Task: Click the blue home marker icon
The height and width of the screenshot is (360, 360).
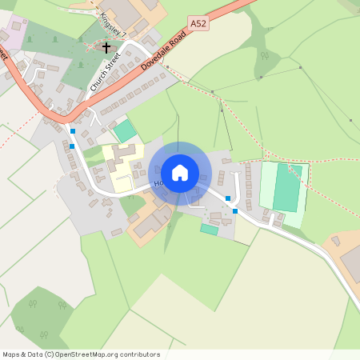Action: click(180, 173)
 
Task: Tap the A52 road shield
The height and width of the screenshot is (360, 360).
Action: click(199, 25)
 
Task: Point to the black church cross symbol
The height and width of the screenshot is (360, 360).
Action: click(106, 48)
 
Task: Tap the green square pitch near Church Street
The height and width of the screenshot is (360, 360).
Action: click(124, 130)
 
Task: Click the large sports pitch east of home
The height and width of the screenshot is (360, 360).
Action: click(286, 188)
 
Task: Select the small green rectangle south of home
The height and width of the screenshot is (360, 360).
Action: click(209, 229)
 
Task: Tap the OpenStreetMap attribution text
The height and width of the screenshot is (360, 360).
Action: click(81, 354)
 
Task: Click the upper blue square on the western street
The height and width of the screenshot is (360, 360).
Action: click(73, 130)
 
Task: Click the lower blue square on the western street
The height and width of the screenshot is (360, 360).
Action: click(72, 146)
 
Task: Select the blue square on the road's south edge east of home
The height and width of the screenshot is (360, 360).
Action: click(235, 211)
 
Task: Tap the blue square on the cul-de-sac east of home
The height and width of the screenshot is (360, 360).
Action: click(228, 198)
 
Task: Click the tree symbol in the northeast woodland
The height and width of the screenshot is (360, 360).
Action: click(264, 56)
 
